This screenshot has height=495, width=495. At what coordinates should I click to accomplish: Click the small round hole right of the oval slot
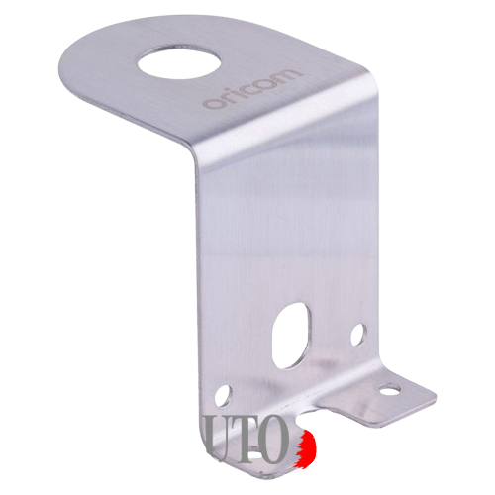(357, 334)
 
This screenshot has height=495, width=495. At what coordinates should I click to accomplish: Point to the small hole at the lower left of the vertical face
(223, 393)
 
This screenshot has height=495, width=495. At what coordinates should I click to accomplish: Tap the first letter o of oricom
(209, 102)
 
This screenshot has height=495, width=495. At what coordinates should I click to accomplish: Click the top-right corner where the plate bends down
(374, 92)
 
